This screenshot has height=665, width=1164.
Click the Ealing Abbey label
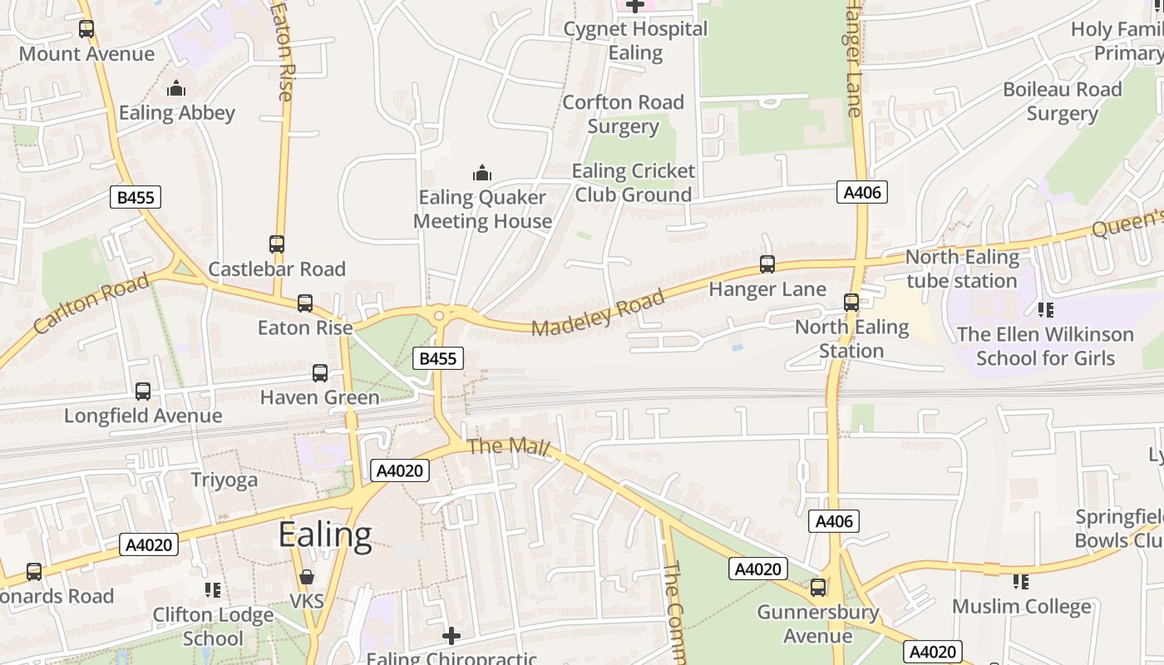point(176,113)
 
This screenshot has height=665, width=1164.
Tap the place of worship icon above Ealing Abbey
point(176,88)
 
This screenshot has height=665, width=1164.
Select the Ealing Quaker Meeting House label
point(482,209)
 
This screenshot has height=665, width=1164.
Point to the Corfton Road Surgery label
point(623,114)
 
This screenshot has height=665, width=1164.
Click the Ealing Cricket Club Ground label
point(634,183)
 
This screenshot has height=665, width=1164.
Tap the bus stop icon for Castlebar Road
point(277,244)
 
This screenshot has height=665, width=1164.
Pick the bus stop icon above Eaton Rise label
point(305,303)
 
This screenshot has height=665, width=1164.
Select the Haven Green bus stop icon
point(320,373)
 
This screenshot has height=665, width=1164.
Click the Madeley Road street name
point(598,313)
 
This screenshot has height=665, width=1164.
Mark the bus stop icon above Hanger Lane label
point(767,264)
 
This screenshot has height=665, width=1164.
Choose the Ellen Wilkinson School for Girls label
point(1045,346)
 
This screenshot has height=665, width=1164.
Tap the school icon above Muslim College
point(1021,582)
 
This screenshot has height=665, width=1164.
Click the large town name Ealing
point(325,535)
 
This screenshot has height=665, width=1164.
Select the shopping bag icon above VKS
point(307,576)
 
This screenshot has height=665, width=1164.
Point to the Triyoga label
point(224,480)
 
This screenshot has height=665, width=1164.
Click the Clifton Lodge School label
point(213,627)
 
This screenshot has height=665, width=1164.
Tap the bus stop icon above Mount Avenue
point(86,29)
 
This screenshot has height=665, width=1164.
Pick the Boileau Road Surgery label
point(1062,101)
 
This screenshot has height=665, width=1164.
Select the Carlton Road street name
point(91,303)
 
